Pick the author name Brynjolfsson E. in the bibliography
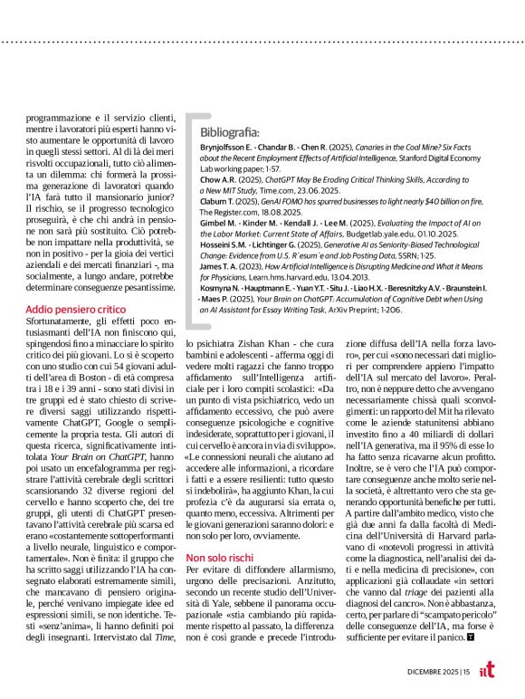coord(228,146)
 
